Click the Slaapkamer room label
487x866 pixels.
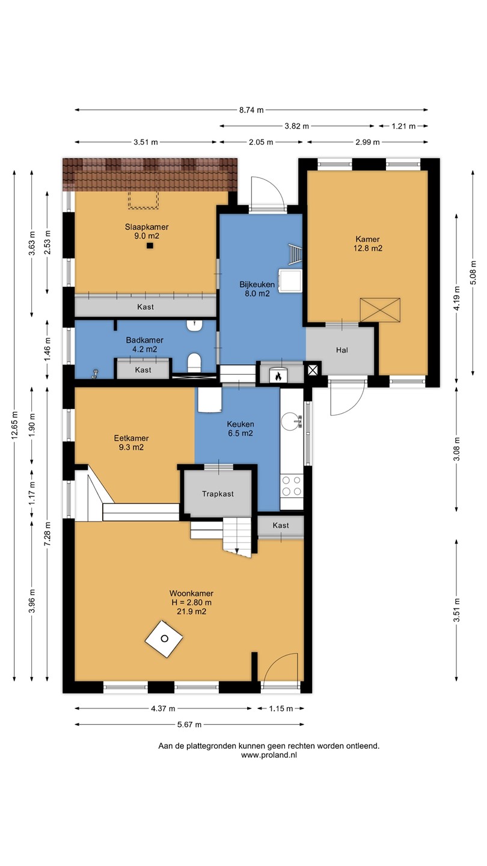pos(147,227)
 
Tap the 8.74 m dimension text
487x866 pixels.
pos(251,110)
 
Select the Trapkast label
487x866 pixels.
pos(218,494)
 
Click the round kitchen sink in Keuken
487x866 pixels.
pos(290,421)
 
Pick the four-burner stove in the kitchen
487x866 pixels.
pos(292,486)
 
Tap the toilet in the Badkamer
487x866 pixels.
pos(194,363)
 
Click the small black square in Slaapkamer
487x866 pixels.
pos(150,245)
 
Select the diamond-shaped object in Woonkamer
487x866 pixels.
pos(164,639)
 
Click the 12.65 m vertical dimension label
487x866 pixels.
pos(14,424)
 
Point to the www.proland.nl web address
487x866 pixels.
pos(269,755)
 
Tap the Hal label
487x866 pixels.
pos(342,350)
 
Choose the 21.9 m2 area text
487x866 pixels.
pos(191,611)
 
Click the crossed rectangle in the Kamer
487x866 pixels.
pos(380,310)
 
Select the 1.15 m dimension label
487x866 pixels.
pos(281,708)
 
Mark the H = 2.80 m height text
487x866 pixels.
pos(191,602)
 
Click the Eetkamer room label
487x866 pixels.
pos(132,438)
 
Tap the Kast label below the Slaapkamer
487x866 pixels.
pos(145,307)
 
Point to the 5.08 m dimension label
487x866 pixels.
pos(473,272)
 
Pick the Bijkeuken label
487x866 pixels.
pos(257,284)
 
